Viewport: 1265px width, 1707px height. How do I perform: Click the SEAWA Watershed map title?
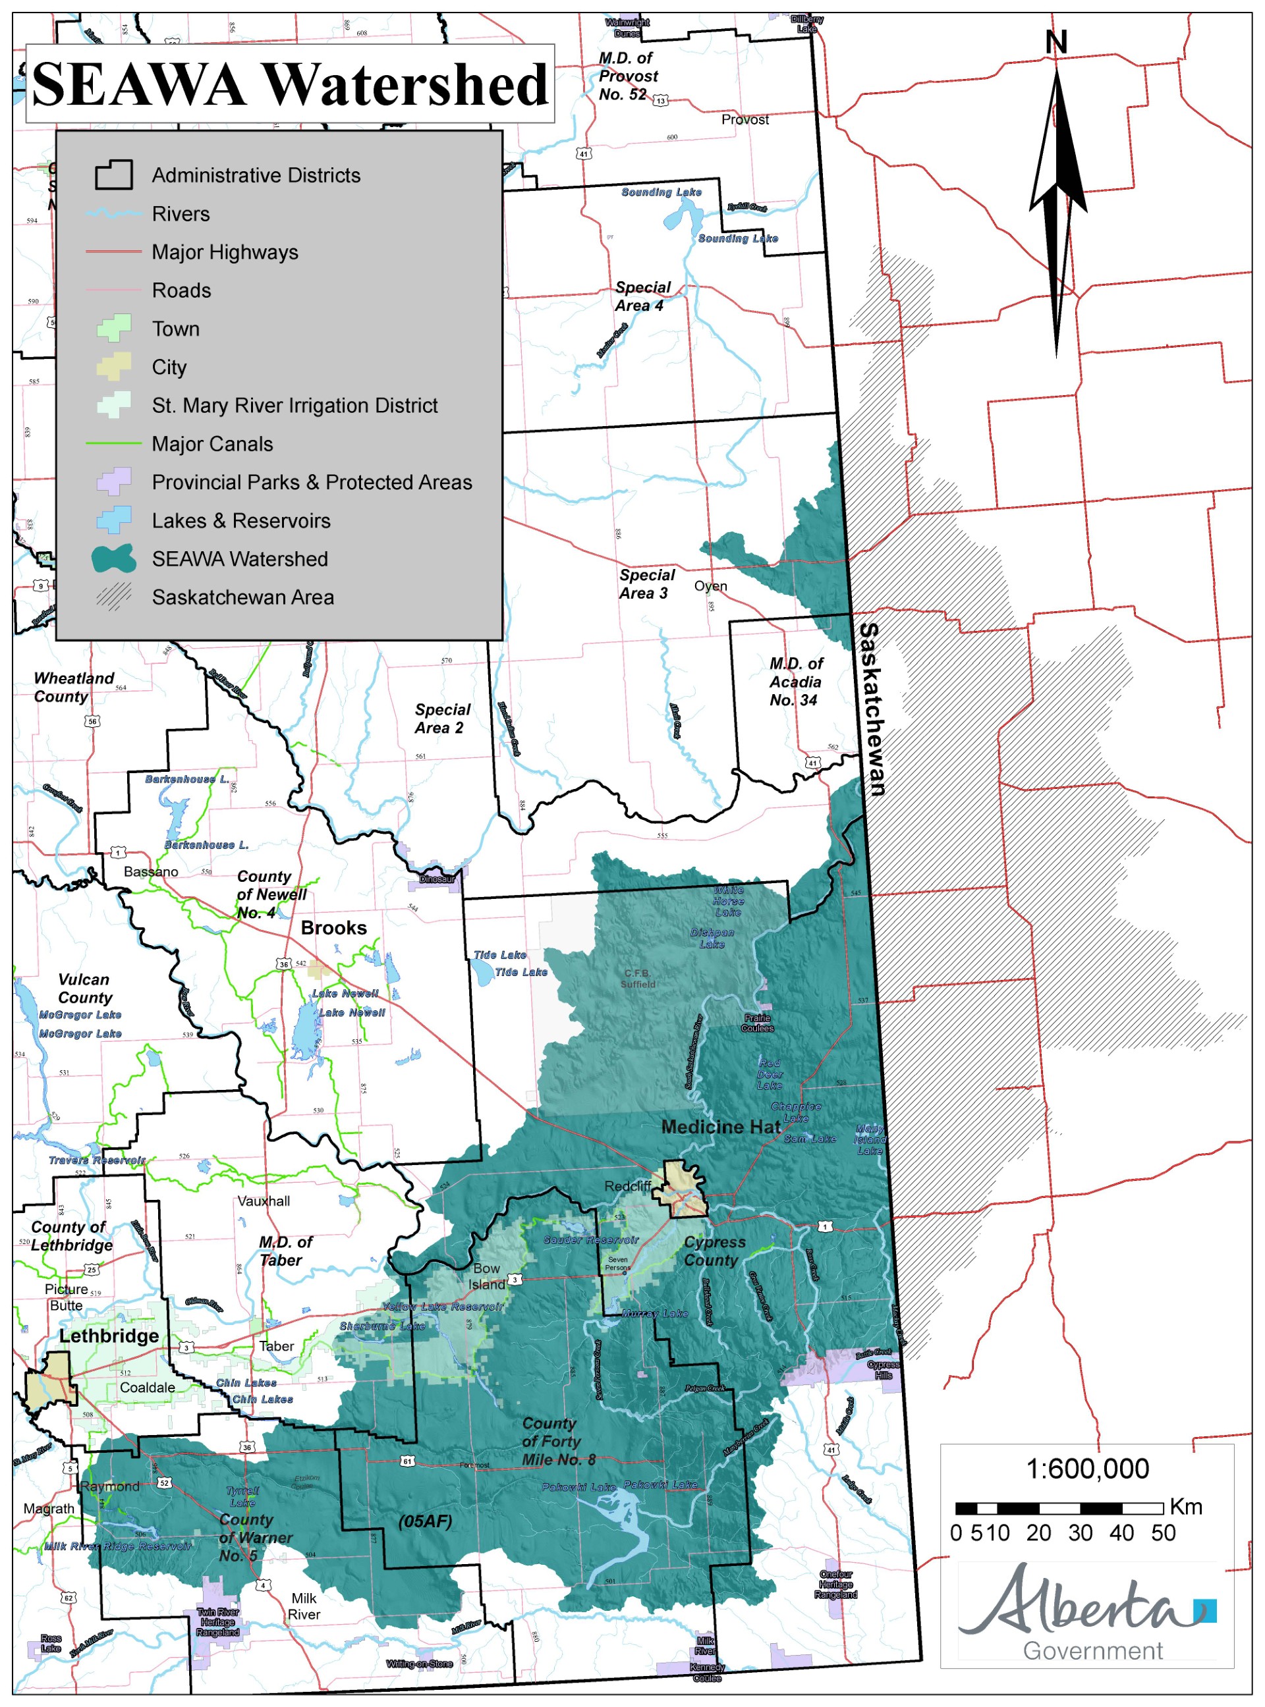[x=290, y=84]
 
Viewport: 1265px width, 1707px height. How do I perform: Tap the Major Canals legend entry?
[x=212, y=444]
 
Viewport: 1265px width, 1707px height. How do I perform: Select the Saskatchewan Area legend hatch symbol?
[x=114, y=597]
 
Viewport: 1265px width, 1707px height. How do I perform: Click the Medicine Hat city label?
[x=721, y=1127]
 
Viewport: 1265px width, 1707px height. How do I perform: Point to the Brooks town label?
[x=333, y=928]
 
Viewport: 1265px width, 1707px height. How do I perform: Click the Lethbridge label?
[x=109, y=1336]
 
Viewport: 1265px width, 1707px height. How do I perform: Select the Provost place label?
[x=745, y=119]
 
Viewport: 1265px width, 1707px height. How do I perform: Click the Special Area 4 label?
[x=642, y=296]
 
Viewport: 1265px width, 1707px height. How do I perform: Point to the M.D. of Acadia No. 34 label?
[x=796, y=681]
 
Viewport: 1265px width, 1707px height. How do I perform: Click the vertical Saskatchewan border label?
[x=872, y=709]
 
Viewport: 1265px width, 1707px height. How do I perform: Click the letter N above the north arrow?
[x=1056, y=41]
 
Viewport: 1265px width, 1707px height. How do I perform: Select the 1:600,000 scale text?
[x=1086, y=1468]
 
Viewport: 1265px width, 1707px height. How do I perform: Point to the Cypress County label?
[x=714, y=1251]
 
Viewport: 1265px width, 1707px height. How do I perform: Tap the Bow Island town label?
[x=486, y=1276]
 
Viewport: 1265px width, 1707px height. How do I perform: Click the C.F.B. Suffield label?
[x=638, y=978]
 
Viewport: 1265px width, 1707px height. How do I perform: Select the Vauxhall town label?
[x=264, y=1201]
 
